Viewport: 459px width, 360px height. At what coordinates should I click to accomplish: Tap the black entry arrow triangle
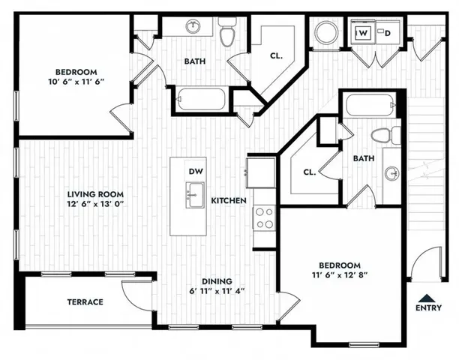[x=427, y=297]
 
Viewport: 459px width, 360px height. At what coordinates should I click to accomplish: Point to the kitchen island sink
[x=196, y=195]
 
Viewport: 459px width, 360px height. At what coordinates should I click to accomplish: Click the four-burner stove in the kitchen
[x=265, y=217]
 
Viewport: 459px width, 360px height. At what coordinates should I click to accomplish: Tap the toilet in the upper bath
[x=228, y=32]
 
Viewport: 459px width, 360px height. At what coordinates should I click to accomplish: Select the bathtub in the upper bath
[x=201, y=97]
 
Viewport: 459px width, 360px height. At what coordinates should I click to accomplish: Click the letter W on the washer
[x=363, y=34]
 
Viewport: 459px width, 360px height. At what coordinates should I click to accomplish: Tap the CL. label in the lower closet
[x=309, y=172]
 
